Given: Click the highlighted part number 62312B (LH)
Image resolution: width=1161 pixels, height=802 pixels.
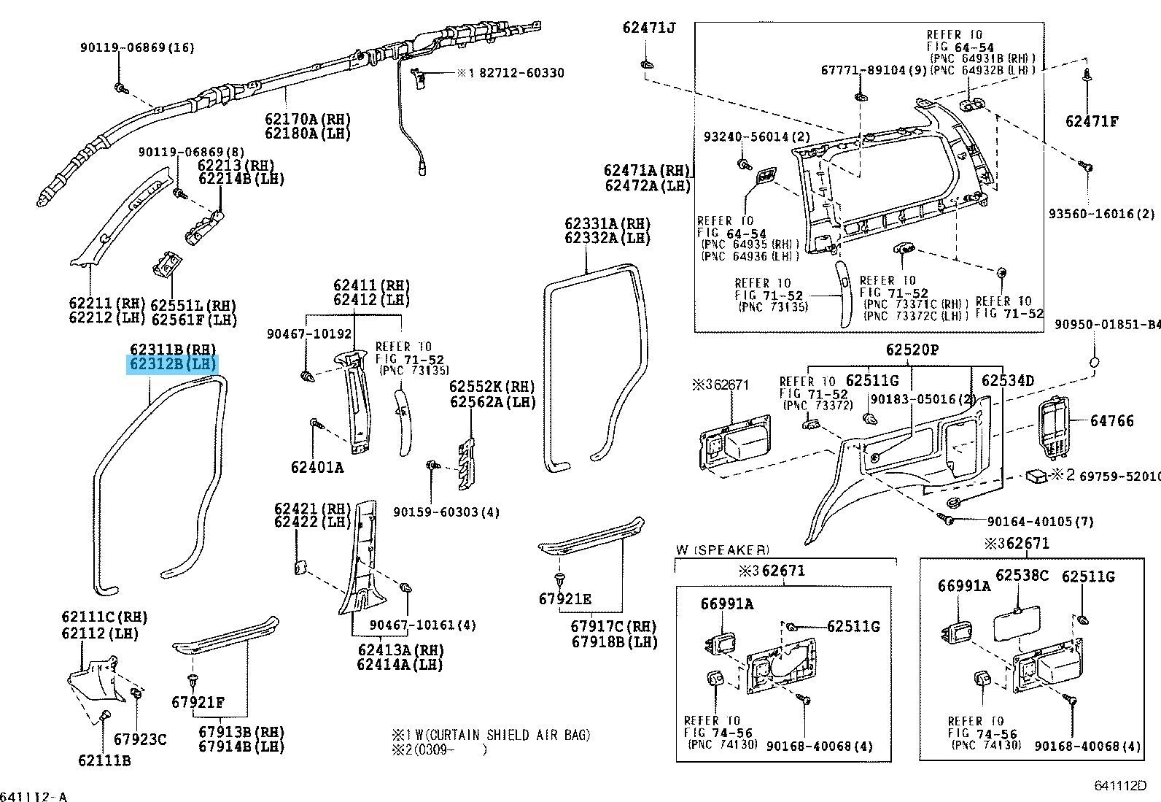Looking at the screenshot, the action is point(173,364).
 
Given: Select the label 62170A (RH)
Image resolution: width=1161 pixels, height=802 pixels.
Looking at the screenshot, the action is point(308,119).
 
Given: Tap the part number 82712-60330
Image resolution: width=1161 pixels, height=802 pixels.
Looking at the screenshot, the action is point(521,73).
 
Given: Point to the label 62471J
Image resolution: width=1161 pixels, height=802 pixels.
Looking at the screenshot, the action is point(649,28).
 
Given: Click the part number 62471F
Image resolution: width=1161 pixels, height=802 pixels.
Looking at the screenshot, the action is point(1092,121).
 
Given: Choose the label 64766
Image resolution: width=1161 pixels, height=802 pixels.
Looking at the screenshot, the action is point(1111,421).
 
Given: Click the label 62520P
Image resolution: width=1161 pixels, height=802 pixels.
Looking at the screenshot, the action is point(912,350).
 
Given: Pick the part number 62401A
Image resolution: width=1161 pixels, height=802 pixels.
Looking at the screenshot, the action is point(317,467).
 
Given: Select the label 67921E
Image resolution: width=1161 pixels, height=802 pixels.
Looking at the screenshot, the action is point(565,599).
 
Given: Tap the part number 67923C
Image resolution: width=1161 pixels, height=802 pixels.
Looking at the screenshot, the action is point(140,739).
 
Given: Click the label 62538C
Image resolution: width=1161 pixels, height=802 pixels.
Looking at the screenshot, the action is point(1022,576).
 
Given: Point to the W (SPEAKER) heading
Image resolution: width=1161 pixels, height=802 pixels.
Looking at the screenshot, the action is point(723,550).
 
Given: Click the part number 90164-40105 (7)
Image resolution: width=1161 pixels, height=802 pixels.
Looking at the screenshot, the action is point(1040,521).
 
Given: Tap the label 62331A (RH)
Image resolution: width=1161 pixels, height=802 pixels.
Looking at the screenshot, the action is point(607,224).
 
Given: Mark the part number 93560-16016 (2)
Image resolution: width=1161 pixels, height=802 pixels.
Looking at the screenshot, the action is point(1102,214).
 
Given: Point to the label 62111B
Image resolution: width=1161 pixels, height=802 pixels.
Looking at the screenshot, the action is point(104,760).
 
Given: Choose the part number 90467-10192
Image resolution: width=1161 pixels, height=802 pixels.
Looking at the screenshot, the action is point(309,334).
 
